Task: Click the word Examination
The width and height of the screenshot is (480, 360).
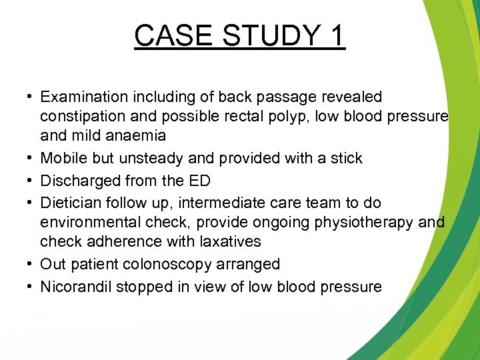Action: pyautogui.click(x=85, y=97)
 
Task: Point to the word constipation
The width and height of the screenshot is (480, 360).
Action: pyautogui.click(x=83, y=117)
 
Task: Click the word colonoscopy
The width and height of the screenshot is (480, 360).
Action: pyautogui.click(x=172, y=264)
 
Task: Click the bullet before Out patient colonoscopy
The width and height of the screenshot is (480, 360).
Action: pyautogui.click(x=31, y=264)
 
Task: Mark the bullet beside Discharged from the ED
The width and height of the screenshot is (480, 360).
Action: pyautogui.click(x=31, y=180)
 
